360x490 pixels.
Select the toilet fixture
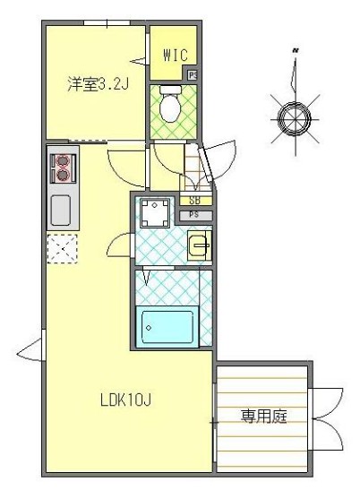[x=170, y=105]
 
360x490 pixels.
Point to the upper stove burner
[x=64, y=162]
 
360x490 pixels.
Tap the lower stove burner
[x=64, y=176]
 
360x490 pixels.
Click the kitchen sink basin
[x=62, y=211]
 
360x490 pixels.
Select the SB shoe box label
[x=194, y=202]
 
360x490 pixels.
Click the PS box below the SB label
[x=194, y=215]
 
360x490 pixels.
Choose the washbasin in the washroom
[x=200, y=244]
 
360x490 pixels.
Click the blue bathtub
[x=168, y=328]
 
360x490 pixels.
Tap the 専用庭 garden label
[x=263, y=417]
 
